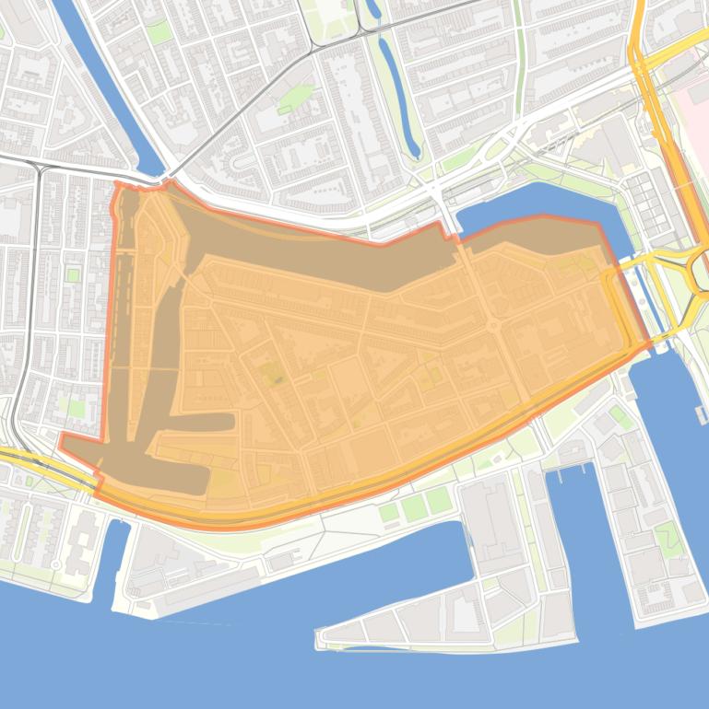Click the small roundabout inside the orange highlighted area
point(493,325)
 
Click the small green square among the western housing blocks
point(72,275)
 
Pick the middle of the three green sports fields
point(414,506)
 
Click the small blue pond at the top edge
point(373,9)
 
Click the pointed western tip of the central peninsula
point(320,636)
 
